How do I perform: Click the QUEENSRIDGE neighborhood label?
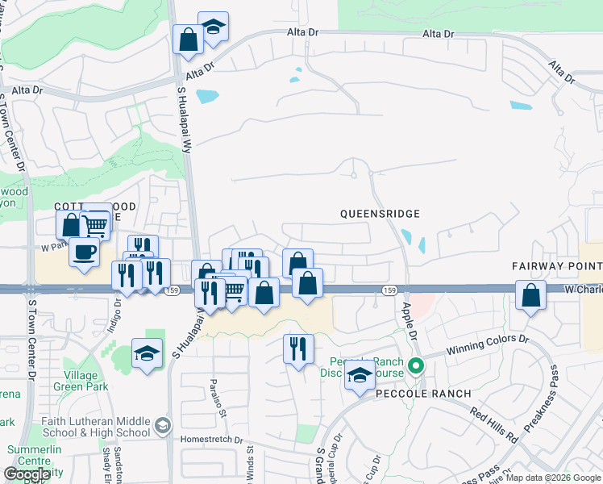[x=380, y=214]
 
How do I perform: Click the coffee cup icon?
[x=84, y=252]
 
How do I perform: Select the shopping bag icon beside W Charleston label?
[x=531, y=295]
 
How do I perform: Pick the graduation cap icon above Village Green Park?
[x=147, y=353]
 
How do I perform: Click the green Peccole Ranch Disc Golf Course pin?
[x=416, y=366]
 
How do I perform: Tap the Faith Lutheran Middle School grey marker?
[x=162, y=425]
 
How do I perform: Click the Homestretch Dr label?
[x=212, y=440]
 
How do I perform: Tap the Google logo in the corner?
[x=27, y=474]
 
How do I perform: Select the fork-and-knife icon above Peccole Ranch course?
[x=298, y=348]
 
